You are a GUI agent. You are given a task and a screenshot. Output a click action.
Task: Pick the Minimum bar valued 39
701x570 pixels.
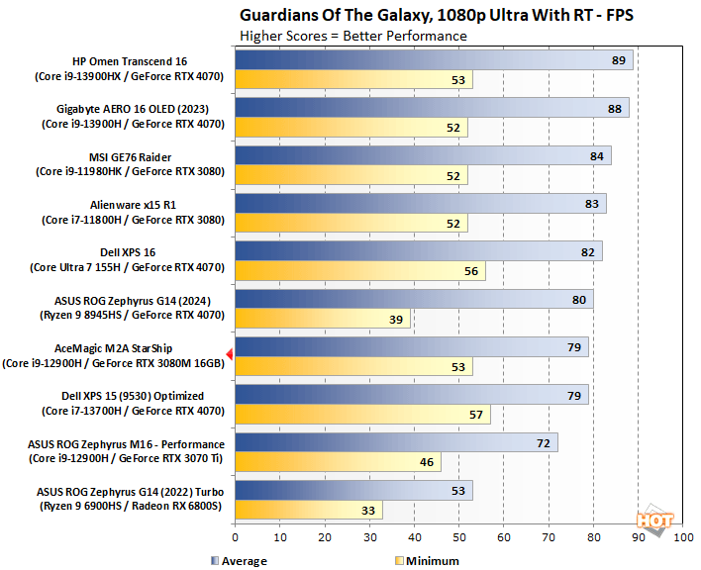coord(322,320)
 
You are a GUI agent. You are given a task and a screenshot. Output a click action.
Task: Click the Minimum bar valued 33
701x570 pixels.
coord(308,511)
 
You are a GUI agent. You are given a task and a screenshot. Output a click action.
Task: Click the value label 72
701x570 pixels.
coord(543,442)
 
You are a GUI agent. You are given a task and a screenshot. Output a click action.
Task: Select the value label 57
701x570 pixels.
coord(476,415)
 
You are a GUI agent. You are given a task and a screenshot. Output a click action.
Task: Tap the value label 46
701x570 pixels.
coord(427,462)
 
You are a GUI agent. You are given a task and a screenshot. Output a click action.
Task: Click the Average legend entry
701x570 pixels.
coord(239,561)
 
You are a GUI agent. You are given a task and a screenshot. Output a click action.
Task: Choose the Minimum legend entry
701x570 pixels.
coord(427,561)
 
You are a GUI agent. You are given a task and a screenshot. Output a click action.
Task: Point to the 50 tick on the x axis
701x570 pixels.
coord(458,538)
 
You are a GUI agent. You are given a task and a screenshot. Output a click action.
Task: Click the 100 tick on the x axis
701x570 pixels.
coord(683,538)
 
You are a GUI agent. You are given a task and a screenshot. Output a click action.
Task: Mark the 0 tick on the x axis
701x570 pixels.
coord(235,538)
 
